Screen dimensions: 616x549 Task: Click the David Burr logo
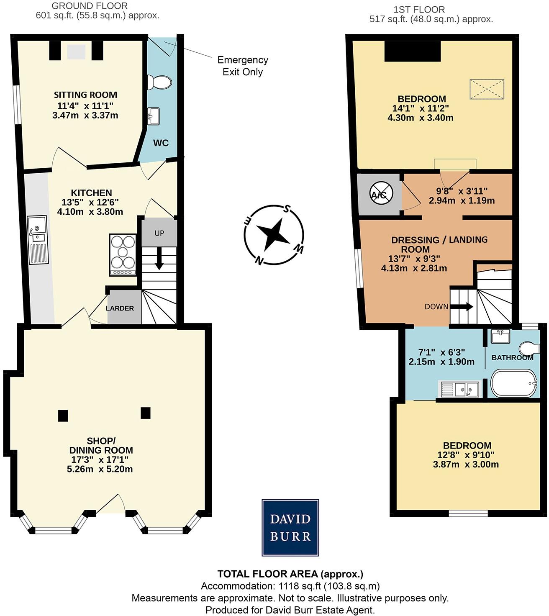290,527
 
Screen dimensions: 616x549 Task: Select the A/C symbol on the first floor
381,194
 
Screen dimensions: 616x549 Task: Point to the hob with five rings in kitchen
123,254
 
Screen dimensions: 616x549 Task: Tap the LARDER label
120,308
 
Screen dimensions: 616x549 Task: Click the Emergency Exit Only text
242,66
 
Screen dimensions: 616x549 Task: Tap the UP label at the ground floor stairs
159,233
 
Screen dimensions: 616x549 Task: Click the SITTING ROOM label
85,95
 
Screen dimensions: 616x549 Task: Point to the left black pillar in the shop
63,415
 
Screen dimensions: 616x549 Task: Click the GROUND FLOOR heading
89,6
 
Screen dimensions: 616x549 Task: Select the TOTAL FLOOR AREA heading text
290,574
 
